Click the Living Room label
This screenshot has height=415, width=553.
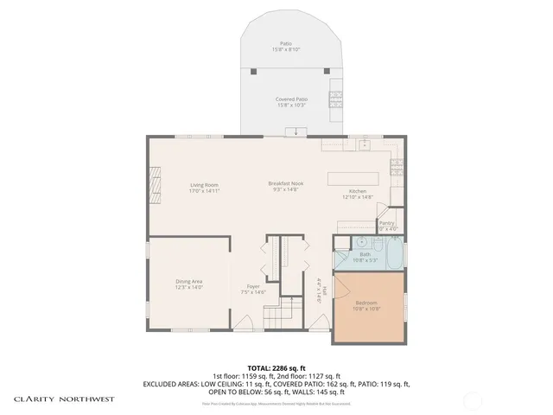click(x=204, y=184)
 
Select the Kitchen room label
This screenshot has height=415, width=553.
click(x=359, y=191)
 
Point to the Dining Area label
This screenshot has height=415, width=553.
click(x=188, y=281)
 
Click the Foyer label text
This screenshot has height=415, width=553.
click(x=253, y=286)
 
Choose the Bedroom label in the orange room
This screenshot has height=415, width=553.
click(x=366, y=303)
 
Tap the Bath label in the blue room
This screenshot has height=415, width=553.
click(x=365, y=254)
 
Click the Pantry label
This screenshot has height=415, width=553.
click(x=387, y=222)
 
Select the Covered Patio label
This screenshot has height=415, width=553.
click(x=290, y=99)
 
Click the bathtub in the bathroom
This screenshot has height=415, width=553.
click(x=395, y=253)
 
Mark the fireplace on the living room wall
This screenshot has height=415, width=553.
click(x=155, y=184)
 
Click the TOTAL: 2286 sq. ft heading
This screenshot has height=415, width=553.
click(x=276, y=367)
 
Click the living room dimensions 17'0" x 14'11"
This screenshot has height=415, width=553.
click(x=204, y=190)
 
